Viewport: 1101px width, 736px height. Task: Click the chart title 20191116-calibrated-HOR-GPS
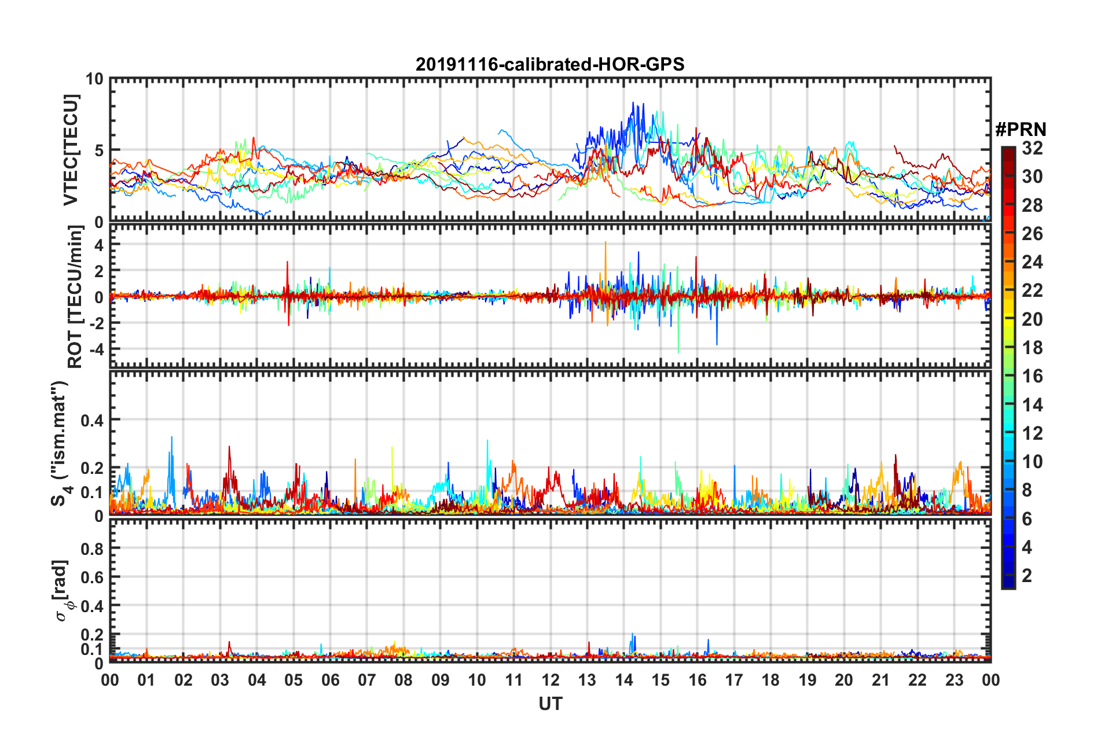click(x=550, y=64)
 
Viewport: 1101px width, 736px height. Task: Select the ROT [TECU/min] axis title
click(x=75, y=297)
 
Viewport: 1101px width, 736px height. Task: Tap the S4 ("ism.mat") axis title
click(x=60, y=443)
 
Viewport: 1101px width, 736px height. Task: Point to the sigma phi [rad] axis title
click(x=61, y=590)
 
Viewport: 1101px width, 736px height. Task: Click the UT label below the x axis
click(x=550, y=704)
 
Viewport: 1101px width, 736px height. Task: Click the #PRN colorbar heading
click(x=1020, y=129)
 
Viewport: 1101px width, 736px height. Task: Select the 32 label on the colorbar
click(x=1032, y=148)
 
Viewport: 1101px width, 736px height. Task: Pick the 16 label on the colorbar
click(x=1032, y=376)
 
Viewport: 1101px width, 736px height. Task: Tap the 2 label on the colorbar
click(x=1027, y=576)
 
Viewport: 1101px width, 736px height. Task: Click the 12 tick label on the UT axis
click(x=550, y=680)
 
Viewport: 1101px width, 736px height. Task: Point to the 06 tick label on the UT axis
click(x=330, y=680)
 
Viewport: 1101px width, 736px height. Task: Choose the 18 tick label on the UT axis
click(x=770, y=680)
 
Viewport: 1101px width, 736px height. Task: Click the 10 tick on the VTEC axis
click(x=94, y=79)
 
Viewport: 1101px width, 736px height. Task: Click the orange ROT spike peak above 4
click(x=605, y=242)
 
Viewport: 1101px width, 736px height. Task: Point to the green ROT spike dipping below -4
click(x=678, y=351)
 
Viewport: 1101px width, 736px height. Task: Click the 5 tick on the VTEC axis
click(x=98, y=151)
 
